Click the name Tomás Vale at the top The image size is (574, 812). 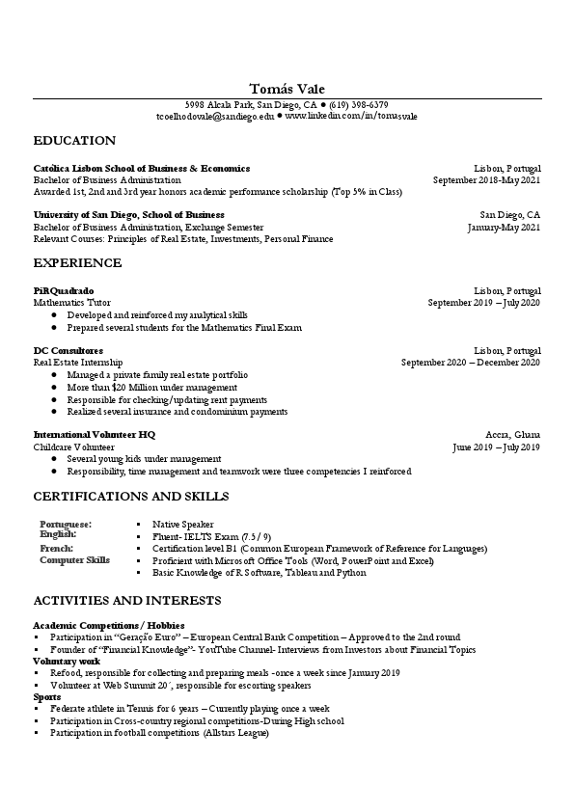coord(287,89)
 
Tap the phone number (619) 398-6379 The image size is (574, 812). coord(358,104)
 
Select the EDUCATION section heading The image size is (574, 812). coord(74,141)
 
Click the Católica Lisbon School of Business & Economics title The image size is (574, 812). coord(142,168)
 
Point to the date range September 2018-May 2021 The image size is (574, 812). coord(486,179)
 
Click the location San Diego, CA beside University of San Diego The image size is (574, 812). coord(510,215)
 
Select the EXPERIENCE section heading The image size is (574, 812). coord(77,263)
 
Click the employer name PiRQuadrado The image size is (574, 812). coord(64,290)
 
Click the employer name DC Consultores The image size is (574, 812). coord(68,351)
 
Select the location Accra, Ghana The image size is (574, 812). coord(513,435)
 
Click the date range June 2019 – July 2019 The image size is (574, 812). coord(496,447)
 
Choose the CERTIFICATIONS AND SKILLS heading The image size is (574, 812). coord(131,497)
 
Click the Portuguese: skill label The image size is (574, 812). coord(66,524)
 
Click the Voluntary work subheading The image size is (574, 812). coord(66,662)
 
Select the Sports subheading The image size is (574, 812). coord(47,696)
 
